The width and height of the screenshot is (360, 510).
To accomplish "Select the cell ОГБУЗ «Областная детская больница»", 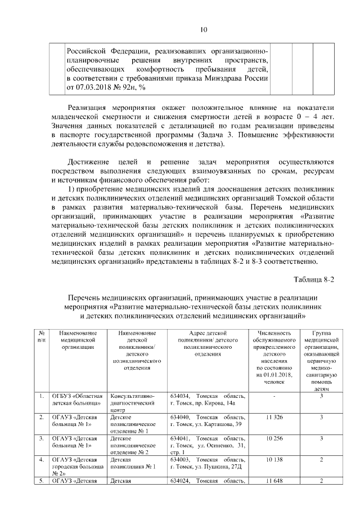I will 78,400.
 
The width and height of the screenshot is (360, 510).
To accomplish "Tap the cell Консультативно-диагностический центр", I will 137,403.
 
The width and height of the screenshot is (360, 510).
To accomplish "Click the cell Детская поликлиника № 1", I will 137,463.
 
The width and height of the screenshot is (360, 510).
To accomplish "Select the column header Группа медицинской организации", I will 321,361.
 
